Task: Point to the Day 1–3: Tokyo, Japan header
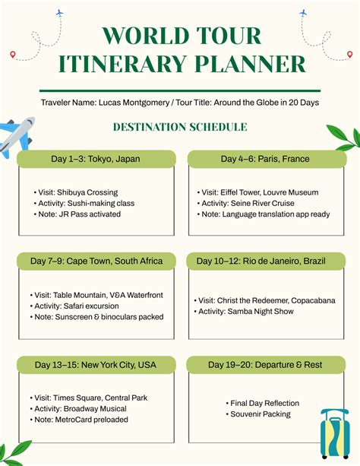click(x=96, y=159)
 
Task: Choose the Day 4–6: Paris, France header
click(x=265, y=159)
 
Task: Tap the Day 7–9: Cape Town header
click(x=96, y=261)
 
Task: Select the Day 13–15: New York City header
click(x=96, y=365)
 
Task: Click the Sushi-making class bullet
click(x=84, y=204)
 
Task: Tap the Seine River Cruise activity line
click(x=247, y=204)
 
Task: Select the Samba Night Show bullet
click(x=247, y=312)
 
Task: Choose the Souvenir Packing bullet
click(x=261, y=414)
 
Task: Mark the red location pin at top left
click(x=13, y=54)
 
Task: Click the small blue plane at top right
click(x=303, y=13)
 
